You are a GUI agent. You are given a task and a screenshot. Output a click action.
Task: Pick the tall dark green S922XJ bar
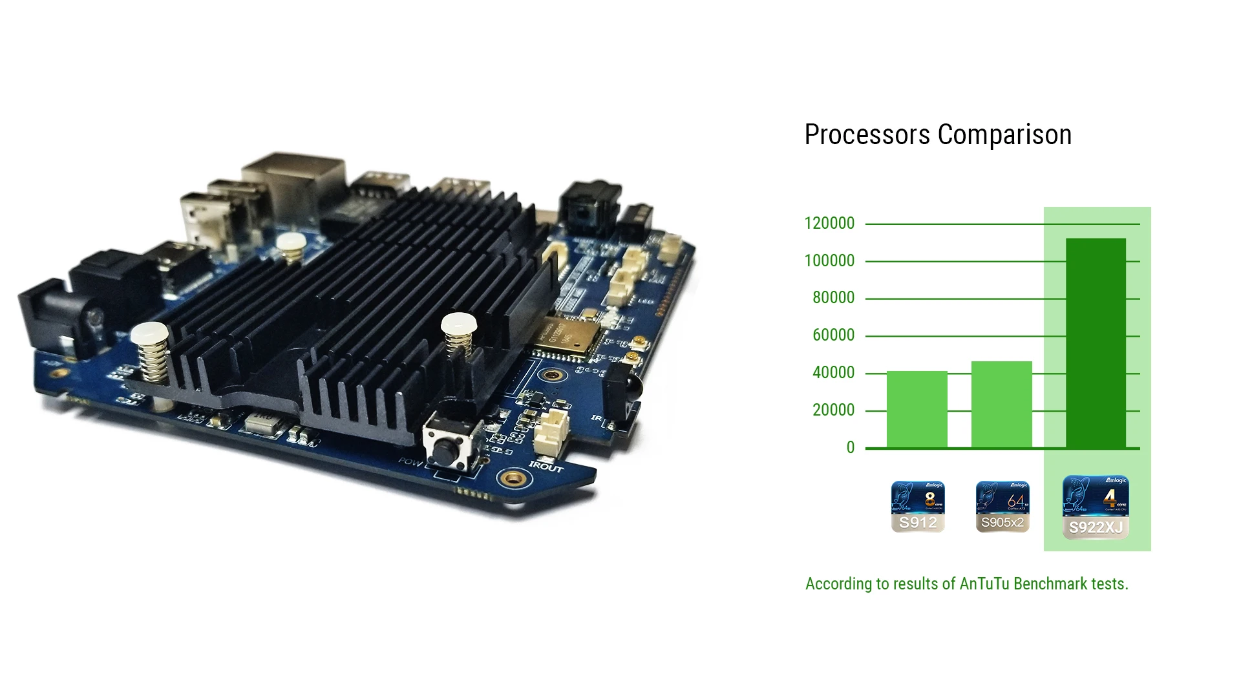[1096, 343]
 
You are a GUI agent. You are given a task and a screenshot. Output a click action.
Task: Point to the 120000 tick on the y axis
[829, 224]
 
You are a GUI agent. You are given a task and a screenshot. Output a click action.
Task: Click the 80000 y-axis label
[833, 298]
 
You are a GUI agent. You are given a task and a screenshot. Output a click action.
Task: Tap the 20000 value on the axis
[833, 410]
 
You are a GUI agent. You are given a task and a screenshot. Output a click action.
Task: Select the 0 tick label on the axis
[850, 448]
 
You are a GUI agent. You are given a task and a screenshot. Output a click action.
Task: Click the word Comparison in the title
[1004, 135]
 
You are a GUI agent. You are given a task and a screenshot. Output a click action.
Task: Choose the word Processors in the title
[867, 135]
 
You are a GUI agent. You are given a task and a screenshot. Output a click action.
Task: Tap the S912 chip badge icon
[918, 507]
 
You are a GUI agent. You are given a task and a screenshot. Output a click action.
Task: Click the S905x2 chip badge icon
[1002, 507]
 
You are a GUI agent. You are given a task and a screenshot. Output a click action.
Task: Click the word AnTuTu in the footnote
[984, 584]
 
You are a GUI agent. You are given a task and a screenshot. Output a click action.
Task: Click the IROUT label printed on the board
[546, 467]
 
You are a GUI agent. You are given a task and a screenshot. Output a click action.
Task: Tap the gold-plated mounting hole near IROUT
[513, 479]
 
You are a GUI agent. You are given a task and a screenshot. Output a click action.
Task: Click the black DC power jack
[48, 317]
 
